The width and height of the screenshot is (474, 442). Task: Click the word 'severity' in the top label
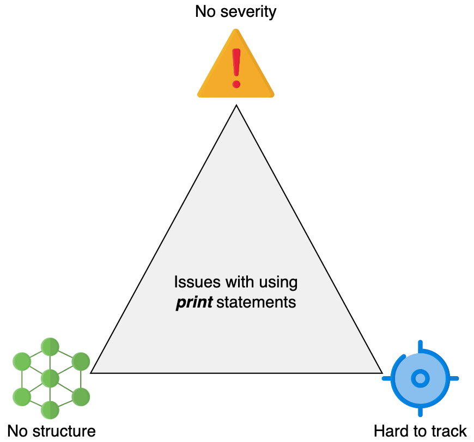pos(248,12)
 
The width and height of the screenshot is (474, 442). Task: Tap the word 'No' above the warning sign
pos(205,11)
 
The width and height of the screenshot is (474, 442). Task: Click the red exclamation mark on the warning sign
pos(236,68)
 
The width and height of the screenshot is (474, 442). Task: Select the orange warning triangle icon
pos(236,64)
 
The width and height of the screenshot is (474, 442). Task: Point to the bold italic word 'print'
pos(195,303)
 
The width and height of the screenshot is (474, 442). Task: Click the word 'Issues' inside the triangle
pos(197,282)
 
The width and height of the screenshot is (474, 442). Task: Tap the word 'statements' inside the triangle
pos(257,302)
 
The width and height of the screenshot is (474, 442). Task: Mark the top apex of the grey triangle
pos(236,105)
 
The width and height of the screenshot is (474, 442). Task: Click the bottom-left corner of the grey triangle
pos(90,373)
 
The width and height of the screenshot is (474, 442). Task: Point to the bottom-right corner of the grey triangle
pos(382,373)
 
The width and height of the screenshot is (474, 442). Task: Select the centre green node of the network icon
pos(50,378)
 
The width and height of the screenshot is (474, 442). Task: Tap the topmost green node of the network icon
pos(50,347)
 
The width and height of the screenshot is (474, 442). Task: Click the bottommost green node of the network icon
pos(50,410)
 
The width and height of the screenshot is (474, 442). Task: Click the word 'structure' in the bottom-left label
pos(64,431)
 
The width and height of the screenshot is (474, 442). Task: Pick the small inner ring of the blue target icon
pos(420,378)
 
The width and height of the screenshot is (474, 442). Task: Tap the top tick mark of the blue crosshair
pos(420,347)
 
